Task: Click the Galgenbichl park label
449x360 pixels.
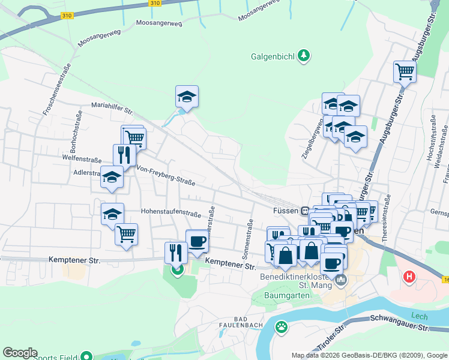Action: (272, 58)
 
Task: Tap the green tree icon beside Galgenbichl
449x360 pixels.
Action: (304, 56)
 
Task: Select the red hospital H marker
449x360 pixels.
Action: (409, 277)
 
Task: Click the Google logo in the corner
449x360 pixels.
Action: (20, 353)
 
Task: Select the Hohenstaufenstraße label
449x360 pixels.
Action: (170, 212)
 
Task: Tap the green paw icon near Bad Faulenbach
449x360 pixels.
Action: (280, 327)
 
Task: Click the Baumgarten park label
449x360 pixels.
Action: (288, 295)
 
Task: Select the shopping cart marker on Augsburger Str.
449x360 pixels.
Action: (405, 71)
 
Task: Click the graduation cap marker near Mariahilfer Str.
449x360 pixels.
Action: (187, 96)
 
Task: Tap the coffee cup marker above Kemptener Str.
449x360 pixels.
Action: (196, 241)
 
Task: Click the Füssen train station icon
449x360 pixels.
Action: (305, 211)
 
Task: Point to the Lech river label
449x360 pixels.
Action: (418, 316)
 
